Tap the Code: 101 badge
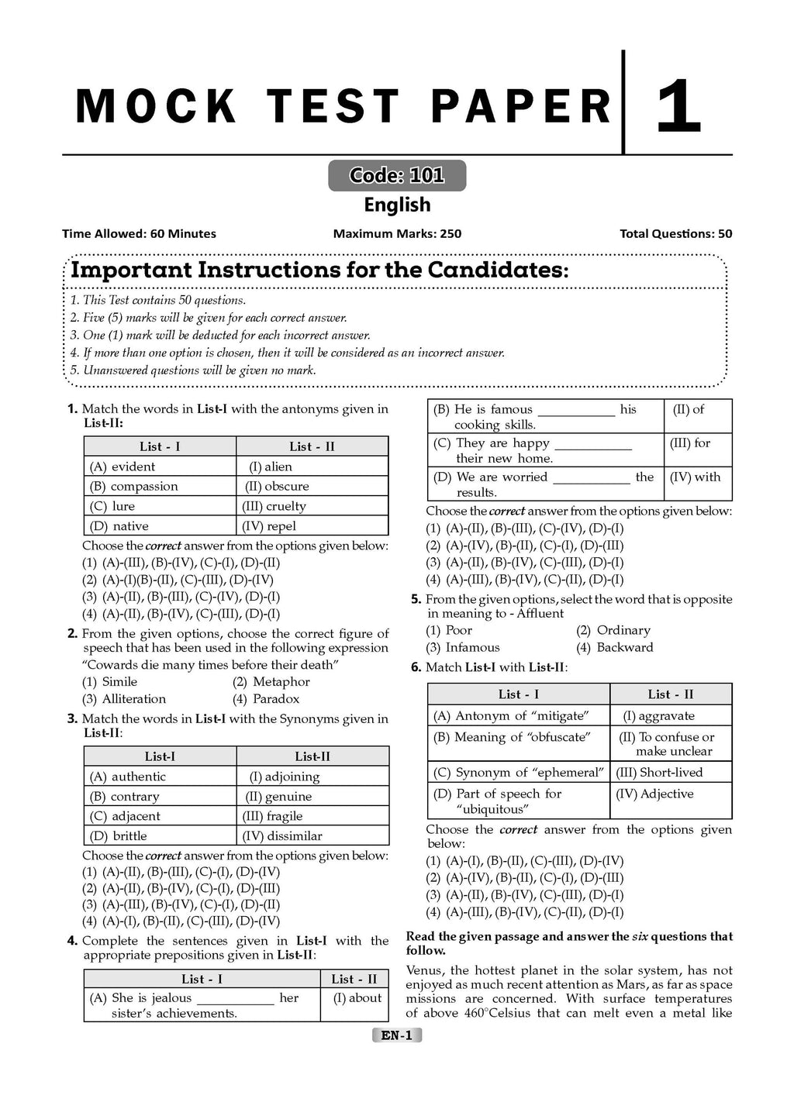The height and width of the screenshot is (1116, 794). [x=397, y=176]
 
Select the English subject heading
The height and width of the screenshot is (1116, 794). [x=397, y=205]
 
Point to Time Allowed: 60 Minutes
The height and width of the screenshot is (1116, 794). [x=140, y=234]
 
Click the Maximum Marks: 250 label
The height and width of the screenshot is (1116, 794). [x=397, y=234]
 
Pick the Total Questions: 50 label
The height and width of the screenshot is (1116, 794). [x=675, y=234]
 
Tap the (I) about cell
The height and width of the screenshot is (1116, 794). [x=357, y=998]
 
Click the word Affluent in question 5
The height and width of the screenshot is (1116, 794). [x=540, y=614]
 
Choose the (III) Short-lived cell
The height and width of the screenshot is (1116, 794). [x=659, y=773]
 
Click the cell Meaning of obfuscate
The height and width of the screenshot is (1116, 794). [x=512, y=737]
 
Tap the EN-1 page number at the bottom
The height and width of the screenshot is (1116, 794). [x=397, y=1035]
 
